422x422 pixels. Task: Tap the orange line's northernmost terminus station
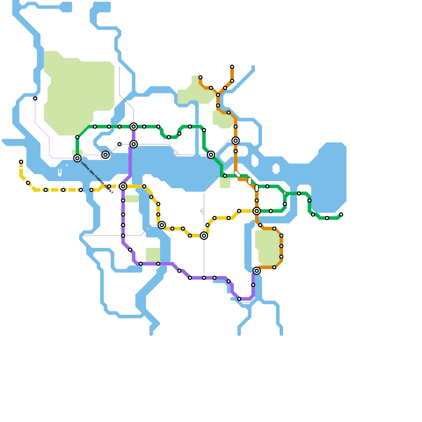tap(232, 67)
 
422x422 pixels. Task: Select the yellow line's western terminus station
tap(21, 162)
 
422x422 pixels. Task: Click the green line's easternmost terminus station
tap(341, 214)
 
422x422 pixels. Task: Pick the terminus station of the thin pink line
tap(35, 98)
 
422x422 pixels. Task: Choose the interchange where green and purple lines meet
tap(134, 127)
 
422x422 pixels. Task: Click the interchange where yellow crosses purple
tap(123, 186)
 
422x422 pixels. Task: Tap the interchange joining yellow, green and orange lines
tap(257, 211)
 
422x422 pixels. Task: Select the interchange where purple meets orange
tap(257, 271)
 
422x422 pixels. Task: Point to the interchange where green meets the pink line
tap(77, 158)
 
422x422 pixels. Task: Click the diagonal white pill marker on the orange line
tap(237, 174)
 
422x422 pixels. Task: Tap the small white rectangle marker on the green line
tap(285, 193)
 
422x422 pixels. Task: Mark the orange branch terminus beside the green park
tap(200, 77)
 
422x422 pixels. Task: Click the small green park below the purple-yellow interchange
tap(132, 199)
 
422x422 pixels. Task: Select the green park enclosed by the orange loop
tap(268, 248)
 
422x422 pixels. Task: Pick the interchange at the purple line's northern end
tap(134, 144)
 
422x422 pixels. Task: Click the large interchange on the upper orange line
tap(236, 141)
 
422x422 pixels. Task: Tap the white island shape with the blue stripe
tap(60, 172)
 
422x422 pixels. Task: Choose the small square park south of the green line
tap(225, 183)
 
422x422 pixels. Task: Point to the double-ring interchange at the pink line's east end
tap(105, 155)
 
